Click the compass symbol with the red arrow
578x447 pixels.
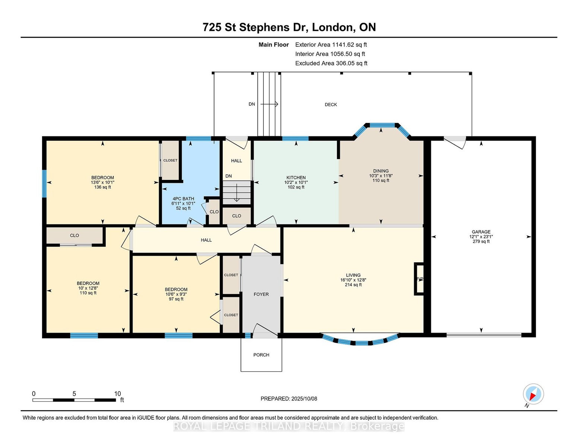coord(533,394)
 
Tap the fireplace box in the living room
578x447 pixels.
coord(419,279)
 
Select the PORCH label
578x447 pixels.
coord(261,355)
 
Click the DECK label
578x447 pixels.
coord(331,105)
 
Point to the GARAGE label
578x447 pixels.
coord(481,232)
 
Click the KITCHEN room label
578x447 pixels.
coord(296,177)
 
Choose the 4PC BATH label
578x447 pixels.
coord(183,199)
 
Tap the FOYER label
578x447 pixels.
coord(261,294)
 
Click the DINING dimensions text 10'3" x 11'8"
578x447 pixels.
coord(381,175)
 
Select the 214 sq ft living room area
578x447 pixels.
coord(353,285)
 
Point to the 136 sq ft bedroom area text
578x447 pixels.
coord(102,187)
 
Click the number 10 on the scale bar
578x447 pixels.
coord(117,393)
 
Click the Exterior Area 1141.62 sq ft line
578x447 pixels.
coord(331,45)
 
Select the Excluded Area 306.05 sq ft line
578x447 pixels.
coord(331,63)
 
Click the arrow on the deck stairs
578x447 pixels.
coord(269,104)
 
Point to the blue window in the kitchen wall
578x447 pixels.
coord(295,138)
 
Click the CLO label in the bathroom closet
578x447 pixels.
coord(214,212)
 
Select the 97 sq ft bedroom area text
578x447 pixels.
coord(176,299)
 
